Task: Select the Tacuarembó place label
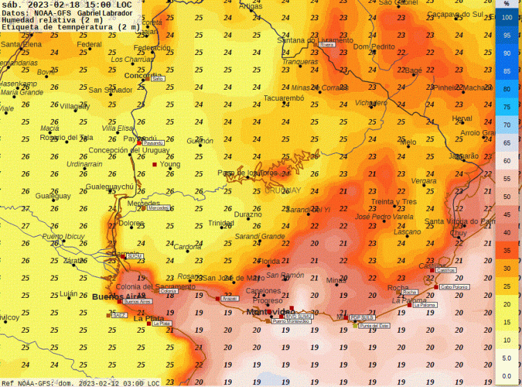click(x=284, y=99)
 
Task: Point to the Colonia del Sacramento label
click(x=145, y=287)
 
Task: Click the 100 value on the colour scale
click(x=507, y=17)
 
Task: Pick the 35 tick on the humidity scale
click(x=507, y=251)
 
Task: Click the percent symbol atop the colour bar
click(x=507, y=3)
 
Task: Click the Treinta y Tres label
click(x=394, y=202)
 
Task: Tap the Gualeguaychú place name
click(x=109, y=187)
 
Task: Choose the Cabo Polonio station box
click(x=455, y=287)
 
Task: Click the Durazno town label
click(x=247, y=214)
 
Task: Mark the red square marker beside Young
click(x=155, y=164)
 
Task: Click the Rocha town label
click(x=397, y=287)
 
